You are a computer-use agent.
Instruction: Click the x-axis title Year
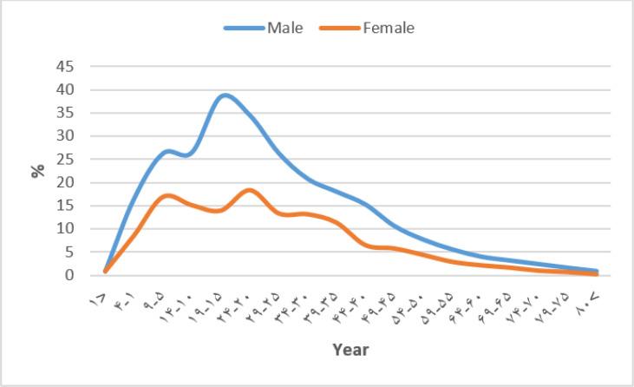(350, 350)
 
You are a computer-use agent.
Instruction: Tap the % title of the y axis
(38, 170)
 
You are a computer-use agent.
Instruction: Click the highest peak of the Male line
(225, 95)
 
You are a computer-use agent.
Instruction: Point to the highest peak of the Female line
(250, 190)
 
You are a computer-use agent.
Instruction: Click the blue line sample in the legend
(244, 28)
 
